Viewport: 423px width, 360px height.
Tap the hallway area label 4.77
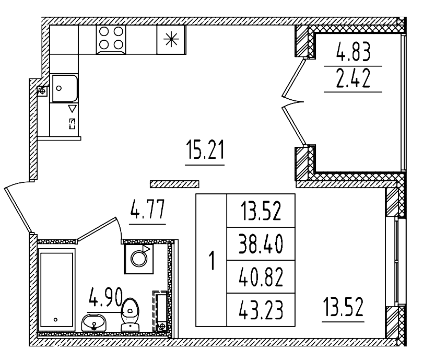tap(147, 213)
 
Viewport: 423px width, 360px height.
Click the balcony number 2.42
tap(353, 79)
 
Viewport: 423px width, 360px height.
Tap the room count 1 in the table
tap(211, 261)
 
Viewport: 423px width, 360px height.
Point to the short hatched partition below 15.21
tap(174, 183)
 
